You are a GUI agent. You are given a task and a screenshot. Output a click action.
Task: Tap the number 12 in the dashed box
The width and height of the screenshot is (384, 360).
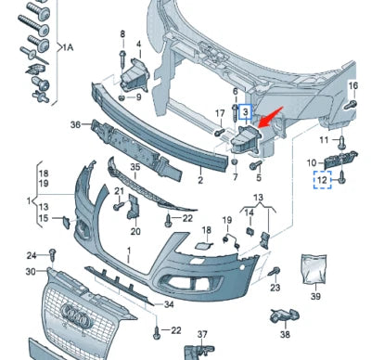(324, 178)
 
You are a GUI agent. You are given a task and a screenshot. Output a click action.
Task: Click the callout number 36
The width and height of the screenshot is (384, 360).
(76, 123)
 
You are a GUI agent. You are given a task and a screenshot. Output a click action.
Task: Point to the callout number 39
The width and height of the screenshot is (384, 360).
(314, 296)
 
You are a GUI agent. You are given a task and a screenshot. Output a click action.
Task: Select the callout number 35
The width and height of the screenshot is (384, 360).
(134, 168)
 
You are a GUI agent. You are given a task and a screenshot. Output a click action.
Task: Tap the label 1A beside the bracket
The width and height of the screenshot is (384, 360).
(69, 46)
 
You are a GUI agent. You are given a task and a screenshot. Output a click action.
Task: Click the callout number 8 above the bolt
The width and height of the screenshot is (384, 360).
(122, 34)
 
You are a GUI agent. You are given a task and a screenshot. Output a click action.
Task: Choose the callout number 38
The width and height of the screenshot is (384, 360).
(285, 334)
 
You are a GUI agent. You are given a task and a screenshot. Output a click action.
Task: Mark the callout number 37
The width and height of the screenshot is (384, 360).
(203, 333)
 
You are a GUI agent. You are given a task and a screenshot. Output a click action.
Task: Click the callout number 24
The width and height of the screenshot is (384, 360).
(31, 255)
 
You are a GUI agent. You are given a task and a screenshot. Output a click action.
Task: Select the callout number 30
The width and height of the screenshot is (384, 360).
(31, 271)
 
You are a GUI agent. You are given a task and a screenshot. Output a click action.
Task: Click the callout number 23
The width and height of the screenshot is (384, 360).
(275, 289)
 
